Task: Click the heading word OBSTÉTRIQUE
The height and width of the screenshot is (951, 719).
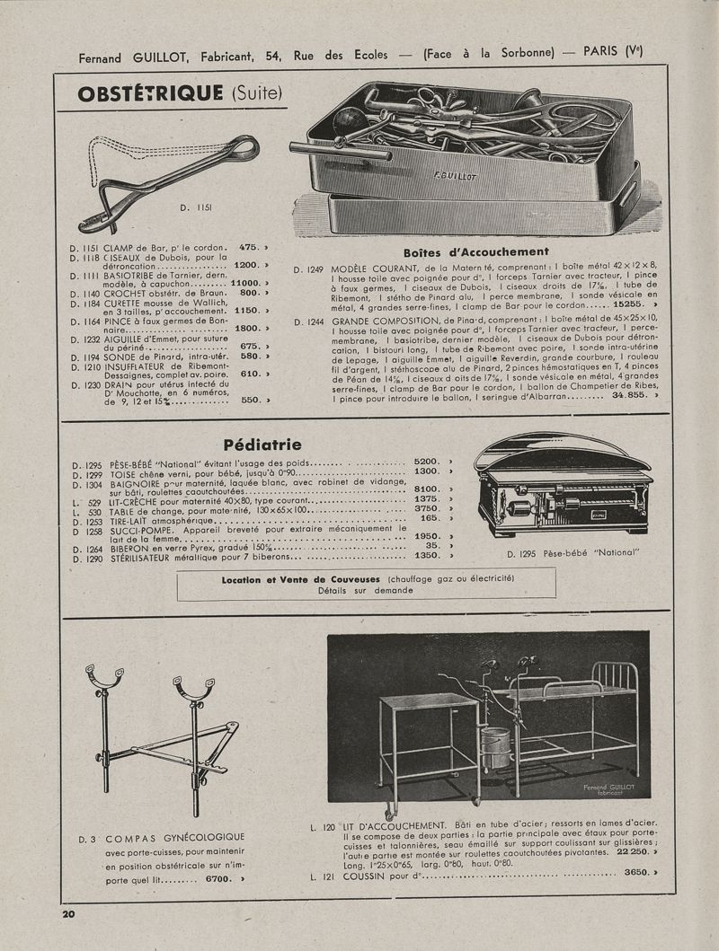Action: click(150, 92)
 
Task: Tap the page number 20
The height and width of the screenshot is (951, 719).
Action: click(69, 914)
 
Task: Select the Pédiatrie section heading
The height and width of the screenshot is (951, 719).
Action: click(262, 444)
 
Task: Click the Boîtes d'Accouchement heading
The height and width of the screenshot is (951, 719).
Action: click(475, 251)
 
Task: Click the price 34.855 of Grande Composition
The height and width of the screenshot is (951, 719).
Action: click(629, 394)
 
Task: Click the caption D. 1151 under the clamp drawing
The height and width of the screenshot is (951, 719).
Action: click(195, 207)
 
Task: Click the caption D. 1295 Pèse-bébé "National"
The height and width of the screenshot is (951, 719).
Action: click(573, 553)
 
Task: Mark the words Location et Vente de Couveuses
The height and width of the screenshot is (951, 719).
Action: click(303, 579)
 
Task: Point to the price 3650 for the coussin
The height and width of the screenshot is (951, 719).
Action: click(635, 872)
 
